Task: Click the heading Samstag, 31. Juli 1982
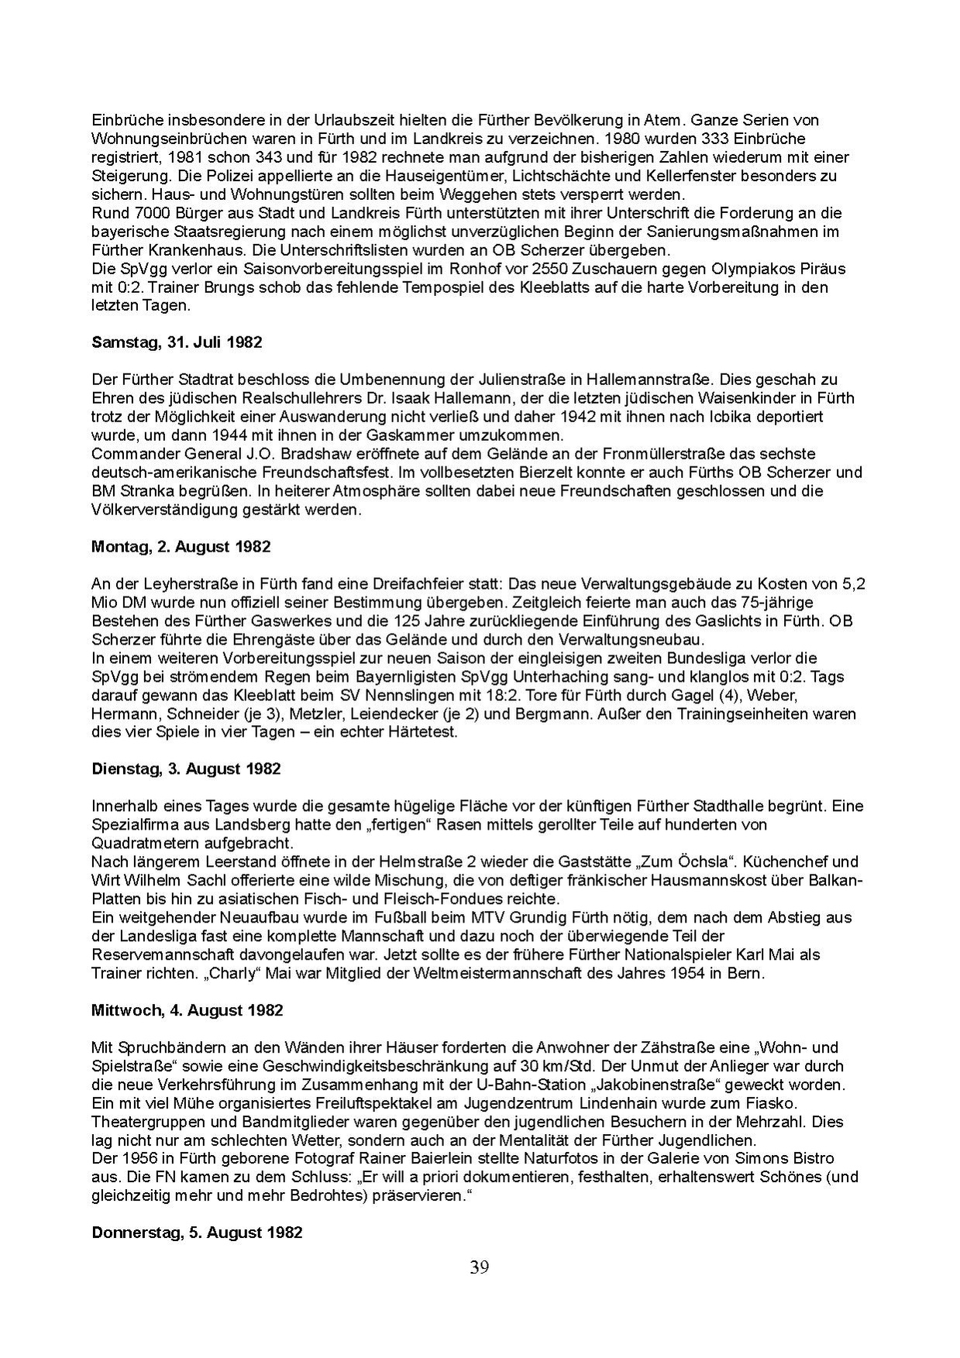coord(177,342)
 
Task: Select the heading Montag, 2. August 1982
coord(181,546)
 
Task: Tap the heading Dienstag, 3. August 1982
coord(186,768)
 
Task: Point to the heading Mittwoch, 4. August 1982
coord(188,1010)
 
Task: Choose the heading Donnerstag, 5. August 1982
coord(197,1233)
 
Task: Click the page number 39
coord(479,1267)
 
